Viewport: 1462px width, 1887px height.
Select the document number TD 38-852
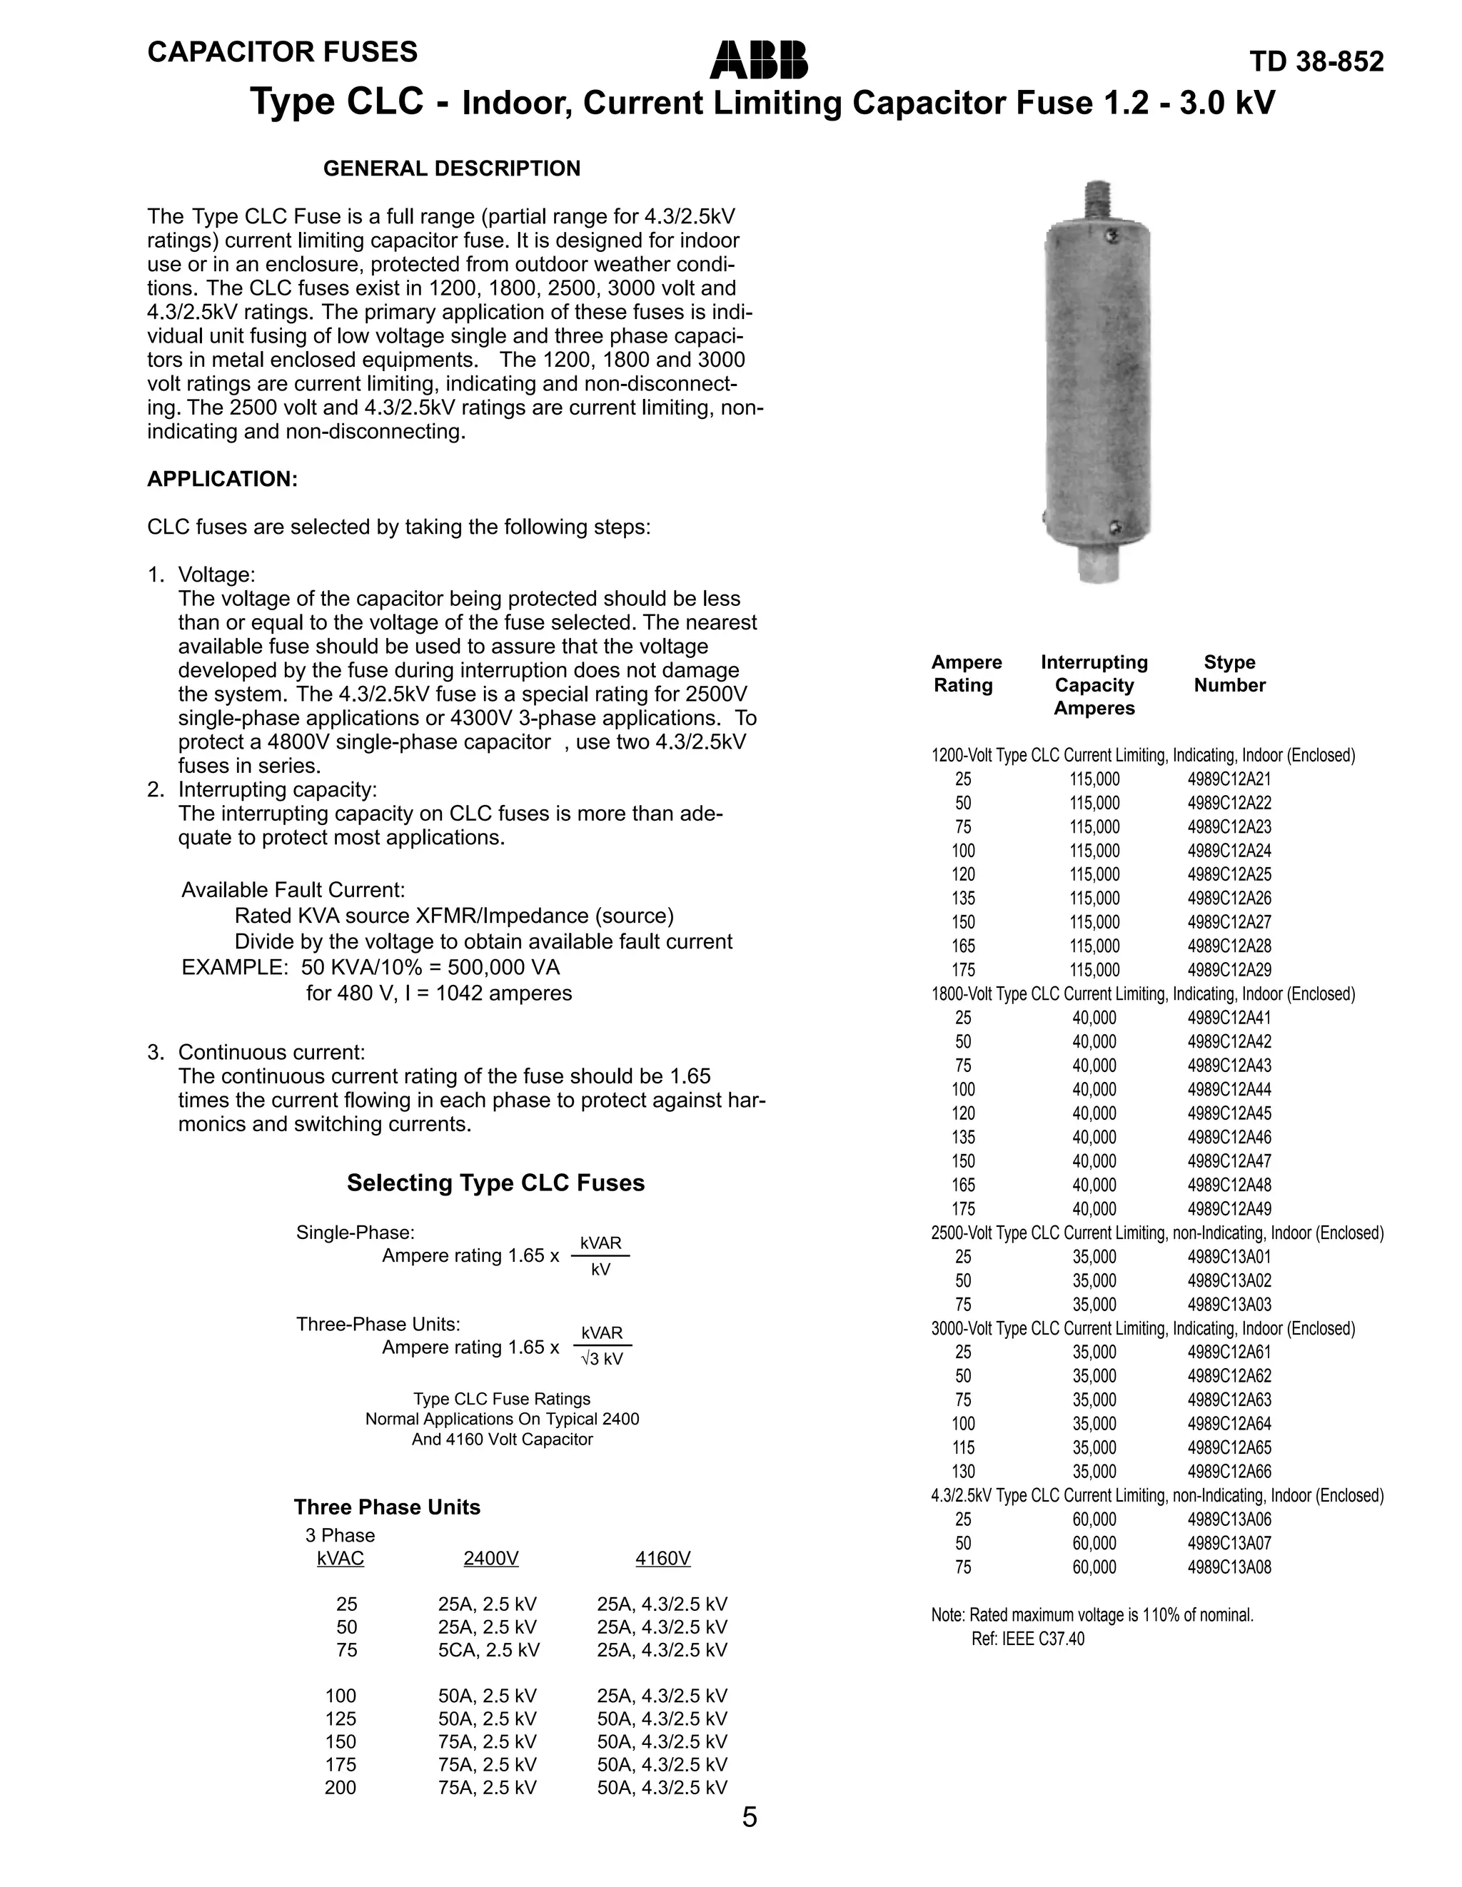[1316, 62]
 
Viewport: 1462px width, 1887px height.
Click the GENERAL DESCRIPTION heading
[451, 168]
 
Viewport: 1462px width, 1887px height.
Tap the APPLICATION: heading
[222, 480]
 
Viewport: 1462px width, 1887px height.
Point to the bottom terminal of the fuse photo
[1098, 565]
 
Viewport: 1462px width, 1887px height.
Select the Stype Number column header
[1229, 674]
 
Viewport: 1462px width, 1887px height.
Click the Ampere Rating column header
[966, 674]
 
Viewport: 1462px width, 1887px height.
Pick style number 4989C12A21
[1229, 779]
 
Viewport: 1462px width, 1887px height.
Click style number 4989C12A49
[1229, 1209]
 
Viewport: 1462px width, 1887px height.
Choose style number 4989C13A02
[1229, 1280]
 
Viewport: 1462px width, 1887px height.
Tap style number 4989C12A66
[1229, 1472]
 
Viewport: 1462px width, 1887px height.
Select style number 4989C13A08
[1229, 1567]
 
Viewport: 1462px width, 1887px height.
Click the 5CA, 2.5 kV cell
[488, 1650]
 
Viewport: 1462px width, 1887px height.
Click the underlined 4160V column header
[662, 1559]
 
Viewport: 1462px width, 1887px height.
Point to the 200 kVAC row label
[341, 1788]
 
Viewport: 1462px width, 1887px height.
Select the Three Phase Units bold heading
[386, 1508]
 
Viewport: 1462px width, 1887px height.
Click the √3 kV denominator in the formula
[603, 1359]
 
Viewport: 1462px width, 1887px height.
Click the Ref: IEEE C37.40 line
[1027, 1639]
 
